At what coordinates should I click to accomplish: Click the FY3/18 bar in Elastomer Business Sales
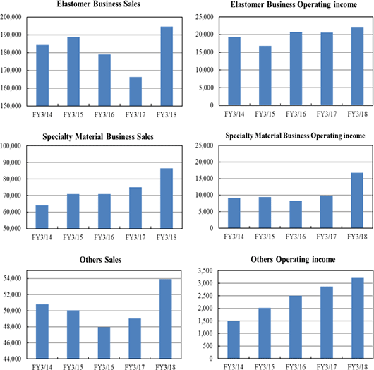[x=167, y=66]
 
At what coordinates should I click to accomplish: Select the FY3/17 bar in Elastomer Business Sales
[x=135, y=91]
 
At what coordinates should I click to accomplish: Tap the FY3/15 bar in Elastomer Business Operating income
[x=265, y=76]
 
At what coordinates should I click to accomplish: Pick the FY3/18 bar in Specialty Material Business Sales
[x=167, y=198]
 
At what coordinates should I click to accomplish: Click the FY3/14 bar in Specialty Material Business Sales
[x=42, y=217]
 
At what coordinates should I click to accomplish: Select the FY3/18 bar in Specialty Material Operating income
[x=357, y=201]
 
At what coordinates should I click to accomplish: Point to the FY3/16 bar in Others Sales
[x=104, y=342]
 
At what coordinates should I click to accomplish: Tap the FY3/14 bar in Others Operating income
[x=234, y=340]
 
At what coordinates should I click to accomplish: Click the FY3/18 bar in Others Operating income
[x=358, y=318]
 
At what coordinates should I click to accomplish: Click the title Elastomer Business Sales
[x=99, y=4]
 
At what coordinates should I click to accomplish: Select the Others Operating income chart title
[x=293, y=259]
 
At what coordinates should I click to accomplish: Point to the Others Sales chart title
[x=100, y=260]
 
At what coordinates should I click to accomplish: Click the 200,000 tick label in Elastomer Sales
[x=11, y=17]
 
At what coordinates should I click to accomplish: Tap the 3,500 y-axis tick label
[x=205, y=270]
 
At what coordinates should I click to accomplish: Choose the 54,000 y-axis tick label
[x=13, y=278]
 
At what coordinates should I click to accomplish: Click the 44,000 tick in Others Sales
[x=13, y=359]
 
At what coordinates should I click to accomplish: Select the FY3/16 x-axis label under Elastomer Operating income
[x=296, y=114]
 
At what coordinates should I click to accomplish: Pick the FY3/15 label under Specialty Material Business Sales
[x=73, y=237]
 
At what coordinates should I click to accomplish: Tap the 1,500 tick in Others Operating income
[x=205, y=321]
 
